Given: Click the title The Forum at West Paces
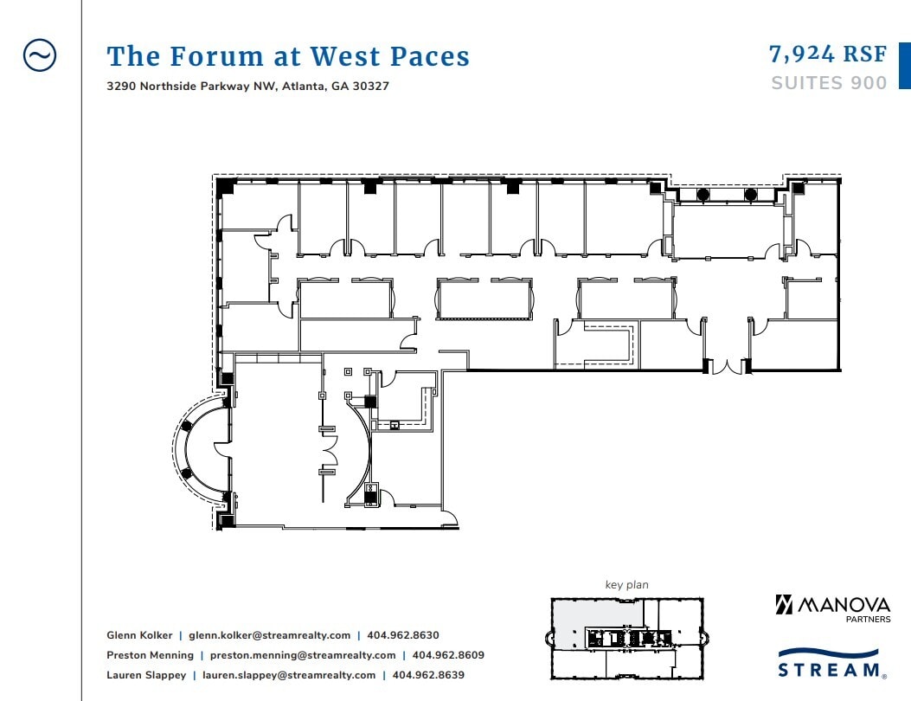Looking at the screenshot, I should [288, 57].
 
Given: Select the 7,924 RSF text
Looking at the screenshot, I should [828, 55].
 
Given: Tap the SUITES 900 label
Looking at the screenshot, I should [829, 83].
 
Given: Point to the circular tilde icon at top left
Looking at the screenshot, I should [39, 55].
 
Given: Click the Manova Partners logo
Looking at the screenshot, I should [832, 607].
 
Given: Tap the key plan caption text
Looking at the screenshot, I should [626, 585].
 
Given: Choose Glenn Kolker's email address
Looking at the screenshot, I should [270, 635].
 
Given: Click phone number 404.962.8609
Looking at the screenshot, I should [448, 655].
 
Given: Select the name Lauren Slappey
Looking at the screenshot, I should [146, 675].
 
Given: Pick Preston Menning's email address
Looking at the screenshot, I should [303, 655].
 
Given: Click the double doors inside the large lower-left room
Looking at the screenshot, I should [330, 450].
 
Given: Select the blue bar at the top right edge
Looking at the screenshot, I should [905, 67].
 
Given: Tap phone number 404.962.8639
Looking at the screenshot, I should [428, 675].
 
